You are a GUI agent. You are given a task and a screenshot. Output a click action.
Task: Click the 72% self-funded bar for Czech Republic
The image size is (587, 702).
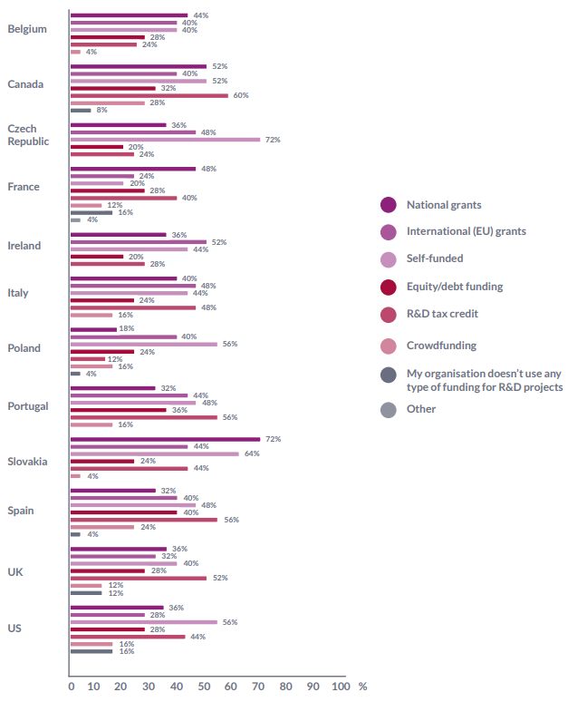[x=165, y=140]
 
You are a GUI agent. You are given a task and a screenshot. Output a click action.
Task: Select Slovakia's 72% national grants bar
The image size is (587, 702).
[x=165, y=439]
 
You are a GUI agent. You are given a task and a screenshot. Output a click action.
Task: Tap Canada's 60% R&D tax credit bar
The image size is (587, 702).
[x=149, y=95]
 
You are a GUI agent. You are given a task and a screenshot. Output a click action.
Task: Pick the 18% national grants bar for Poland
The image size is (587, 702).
[x=93, y=329]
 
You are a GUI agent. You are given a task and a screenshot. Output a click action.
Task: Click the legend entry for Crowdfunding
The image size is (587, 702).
[x=440, y=346]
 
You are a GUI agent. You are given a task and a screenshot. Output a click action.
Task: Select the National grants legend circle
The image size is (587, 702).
[x=389, y=205]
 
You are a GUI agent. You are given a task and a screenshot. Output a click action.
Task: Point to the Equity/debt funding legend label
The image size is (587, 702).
[x=467, y=287]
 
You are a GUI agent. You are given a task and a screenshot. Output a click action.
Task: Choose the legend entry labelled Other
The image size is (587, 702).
[x=420, y=409]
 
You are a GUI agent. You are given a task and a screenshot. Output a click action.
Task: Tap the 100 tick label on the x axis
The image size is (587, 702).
[x=340, y=687]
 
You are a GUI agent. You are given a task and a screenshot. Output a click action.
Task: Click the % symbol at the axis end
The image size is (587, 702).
[x=362, y=687]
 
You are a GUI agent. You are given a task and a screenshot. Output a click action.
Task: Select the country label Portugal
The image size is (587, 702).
[x=27, y=406]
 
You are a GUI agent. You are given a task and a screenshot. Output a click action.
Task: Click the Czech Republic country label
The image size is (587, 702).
[x=28, y=135]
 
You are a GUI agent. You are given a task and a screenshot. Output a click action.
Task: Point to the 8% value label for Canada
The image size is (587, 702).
[x=102, y=110]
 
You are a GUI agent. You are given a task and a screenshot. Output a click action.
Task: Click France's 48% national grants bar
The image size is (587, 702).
[x=133, y=169]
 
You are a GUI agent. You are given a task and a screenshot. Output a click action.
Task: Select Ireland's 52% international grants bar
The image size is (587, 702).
[x=139, y=242]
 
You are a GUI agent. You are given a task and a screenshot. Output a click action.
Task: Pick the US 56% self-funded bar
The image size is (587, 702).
[x=143, y=622]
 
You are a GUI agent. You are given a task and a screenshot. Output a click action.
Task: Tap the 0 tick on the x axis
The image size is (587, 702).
[x=71, y=687]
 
